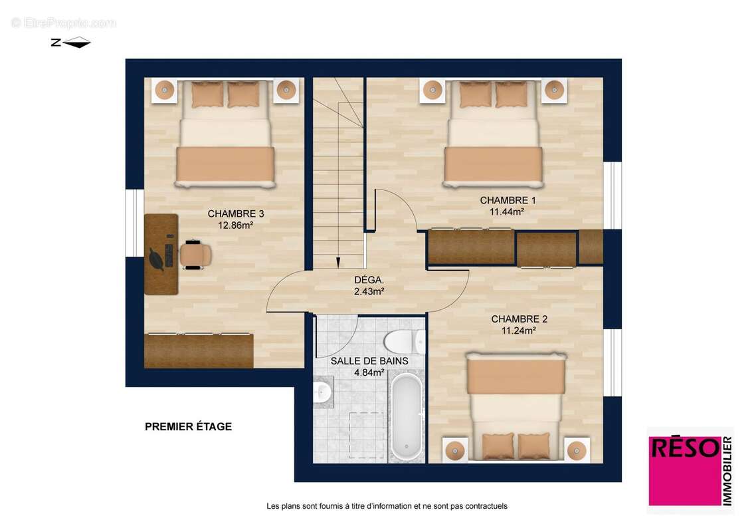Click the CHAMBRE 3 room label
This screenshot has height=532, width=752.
(236, 213)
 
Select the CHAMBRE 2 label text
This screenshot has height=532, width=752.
(519, 319)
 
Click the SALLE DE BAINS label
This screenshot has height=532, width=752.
(369, 361)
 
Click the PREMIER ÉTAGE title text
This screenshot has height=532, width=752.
(188, 427)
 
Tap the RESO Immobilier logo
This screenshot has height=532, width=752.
(690, 470)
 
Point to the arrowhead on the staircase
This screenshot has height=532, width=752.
(337, 261)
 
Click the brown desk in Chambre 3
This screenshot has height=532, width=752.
(161, 254)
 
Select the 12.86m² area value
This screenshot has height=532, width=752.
(236, 225)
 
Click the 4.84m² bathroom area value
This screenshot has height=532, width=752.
(369, 372)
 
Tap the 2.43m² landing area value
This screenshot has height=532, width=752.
(369, 291)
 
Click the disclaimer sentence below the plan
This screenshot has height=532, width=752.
(387, 506)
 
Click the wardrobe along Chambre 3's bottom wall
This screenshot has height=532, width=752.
(199, 350)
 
